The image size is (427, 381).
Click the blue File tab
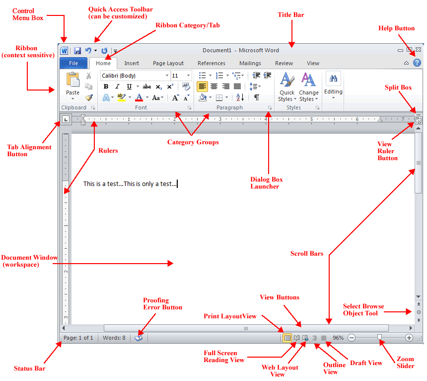[73, 63]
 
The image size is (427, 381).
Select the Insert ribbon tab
[132, 63]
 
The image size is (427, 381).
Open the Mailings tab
[250, 63]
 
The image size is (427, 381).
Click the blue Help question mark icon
[417, 63]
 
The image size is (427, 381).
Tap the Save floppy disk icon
[77, 51]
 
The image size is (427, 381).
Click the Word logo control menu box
[64, 51]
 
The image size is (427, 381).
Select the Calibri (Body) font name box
[135, 76]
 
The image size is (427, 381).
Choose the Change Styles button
[308, 87]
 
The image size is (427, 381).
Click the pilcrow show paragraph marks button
[256, 97]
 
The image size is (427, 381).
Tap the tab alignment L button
[66, 119]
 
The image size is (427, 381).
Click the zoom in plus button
[409, 338]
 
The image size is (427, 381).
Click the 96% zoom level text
[338, 338]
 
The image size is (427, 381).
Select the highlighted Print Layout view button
[287, 338]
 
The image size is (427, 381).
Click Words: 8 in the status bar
[114, 338]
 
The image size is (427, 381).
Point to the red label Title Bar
[290, 15]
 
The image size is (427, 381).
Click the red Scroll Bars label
[306, 254]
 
